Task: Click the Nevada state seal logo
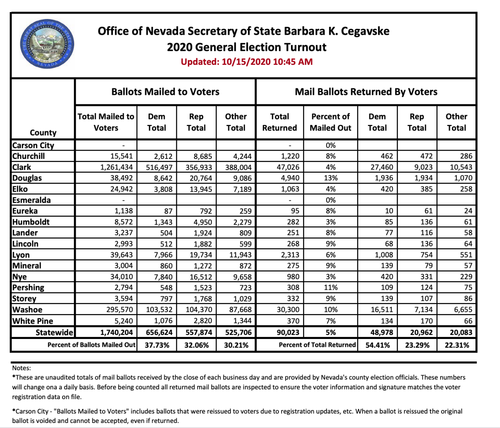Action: (47, 45)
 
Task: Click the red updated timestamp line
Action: (246, 62)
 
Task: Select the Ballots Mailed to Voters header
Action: (165, 92)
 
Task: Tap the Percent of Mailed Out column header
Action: (330, 122)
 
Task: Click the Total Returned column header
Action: (279, 122)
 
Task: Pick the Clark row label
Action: (22, 167)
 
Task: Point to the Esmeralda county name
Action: (31, 200)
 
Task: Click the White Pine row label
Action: (33, 321)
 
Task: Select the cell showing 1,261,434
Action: (116, 167)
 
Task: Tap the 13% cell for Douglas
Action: (330, 178)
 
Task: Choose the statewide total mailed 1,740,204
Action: (116, 333)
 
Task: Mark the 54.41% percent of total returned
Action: (377, 345)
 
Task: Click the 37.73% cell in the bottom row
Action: (157, 345)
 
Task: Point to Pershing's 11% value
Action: (330, 288)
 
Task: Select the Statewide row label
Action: (54, 333)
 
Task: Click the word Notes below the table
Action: (21, 368)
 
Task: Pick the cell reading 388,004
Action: (238, 167)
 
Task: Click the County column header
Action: (43, 133)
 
